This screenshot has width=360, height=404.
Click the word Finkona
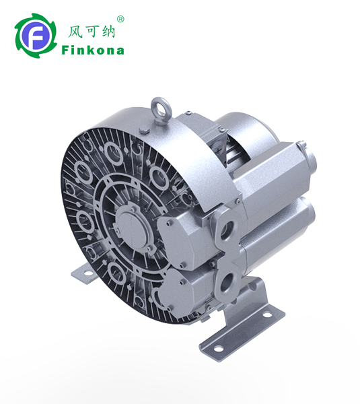(x=93, y=50)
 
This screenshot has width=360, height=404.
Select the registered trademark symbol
(x=120, y=20)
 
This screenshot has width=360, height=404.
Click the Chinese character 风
(x=75, y=32)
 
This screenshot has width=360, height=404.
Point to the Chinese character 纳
(x=108, y=32)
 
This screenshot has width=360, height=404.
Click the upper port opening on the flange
(x=227, y=228)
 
